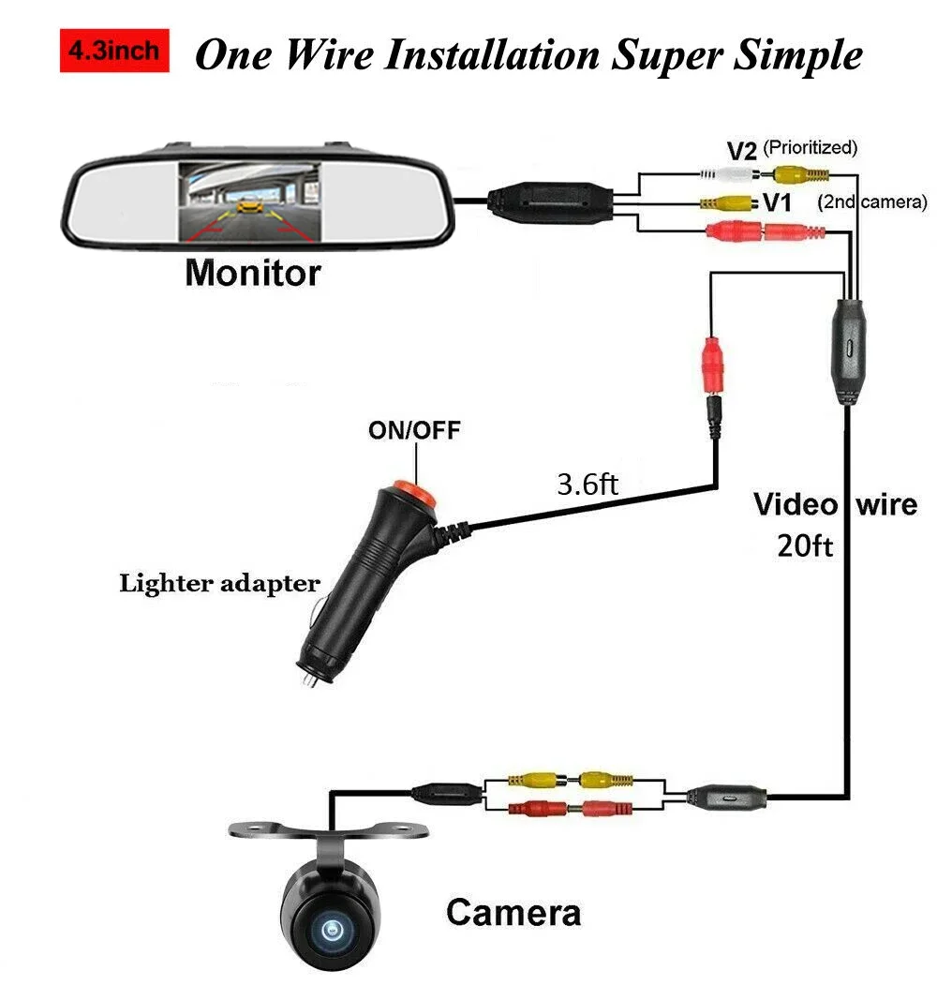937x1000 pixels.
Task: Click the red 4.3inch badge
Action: (x=114, y=51)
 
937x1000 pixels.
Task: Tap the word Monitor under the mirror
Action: (x=253, y=273)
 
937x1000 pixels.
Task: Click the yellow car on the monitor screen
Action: (x=250, y=206)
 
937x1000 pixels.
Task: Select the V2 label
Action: (x=741, y=151)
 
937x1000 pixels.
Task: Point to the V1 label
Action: (x=777, y=202)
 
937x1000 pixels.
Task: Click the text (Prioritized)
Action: (x=811, y=147)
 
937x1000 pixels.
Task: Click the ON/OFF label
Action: (x=414, y=430)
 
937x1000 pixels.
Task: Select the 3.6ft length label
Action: (x=587, y=484)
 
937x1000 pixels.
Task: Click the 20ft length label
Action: (x=805, y=545)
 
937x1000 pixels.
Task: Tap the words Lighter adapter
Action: (x=220, y=584)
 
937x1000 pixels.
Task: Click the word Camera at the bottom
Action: (x=513, y=912)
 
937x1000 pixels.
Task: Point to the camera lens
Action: (x=332, y=929)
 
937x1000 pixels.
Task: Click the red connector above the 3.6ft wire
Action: (x=713, y=366)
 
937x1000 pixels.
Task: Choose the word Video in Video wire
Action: (x=796, y=504)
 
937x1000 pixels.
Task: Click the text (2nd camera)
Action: (x=872, y=202)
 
